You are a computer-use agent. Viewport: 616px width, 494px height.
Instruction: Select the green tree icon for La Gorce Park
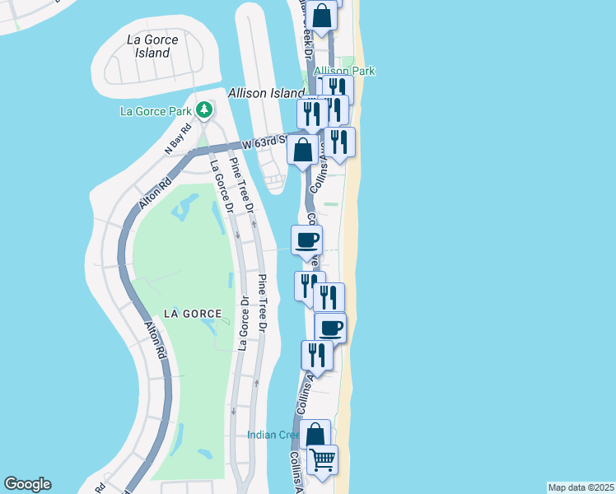tap(204, 110)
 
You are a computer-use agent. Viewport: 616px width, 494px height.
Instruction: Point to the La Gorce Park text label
tap(156, 111)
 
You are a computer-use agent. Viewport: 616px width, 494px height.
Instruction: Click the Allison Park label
tap(344, 71)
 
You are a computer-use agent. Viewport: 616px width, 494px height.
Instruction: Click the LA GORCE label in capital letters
tap(192, 314)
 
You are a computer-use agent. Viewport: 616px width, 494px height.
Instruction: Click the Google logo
tap(27, 484)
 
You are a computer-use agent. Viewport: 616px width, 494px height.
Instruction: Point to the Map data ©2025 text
tap(580, 487)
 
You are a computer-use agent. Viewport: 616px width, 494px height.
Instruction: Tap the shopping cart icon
tap(322, 458)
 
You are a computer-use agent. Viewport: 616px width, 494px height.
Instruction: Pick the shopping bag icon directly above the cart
tap(315, 434)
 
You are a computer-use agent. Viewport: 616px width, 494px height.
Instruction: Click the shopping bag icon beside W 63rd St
tap(303, 150)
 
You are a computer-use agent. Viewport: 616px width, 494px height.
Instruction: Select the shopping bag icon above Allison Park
tap(323, 16)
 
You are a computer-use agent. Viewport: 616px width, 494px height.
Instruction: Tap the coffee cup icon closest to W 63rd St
tap(306, 240)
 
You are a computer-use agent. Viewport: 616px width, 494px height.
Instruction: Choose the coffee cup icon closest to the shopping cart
tap(330, 328)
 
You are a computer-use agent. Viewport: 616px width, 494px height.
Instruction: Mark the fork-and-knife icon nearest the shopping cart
tap(316, 354)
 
